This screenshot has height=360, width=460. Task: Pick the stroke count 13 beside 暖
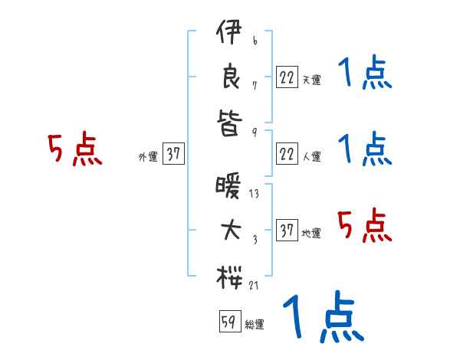[254, 194]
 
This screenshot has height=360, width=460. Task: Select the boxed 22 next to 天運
[287, 77]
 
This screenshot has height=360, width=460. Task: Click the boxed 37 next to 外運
[173, 155]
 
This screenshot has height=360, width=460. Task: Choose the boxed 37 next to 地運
[287, 231]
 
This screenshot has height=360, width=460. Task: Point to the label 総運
[255, 325]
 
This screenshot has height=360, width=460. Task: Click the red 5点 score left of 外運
[74, 149]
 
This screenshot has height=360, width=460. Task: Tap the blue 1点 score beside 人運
[364, 149]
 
